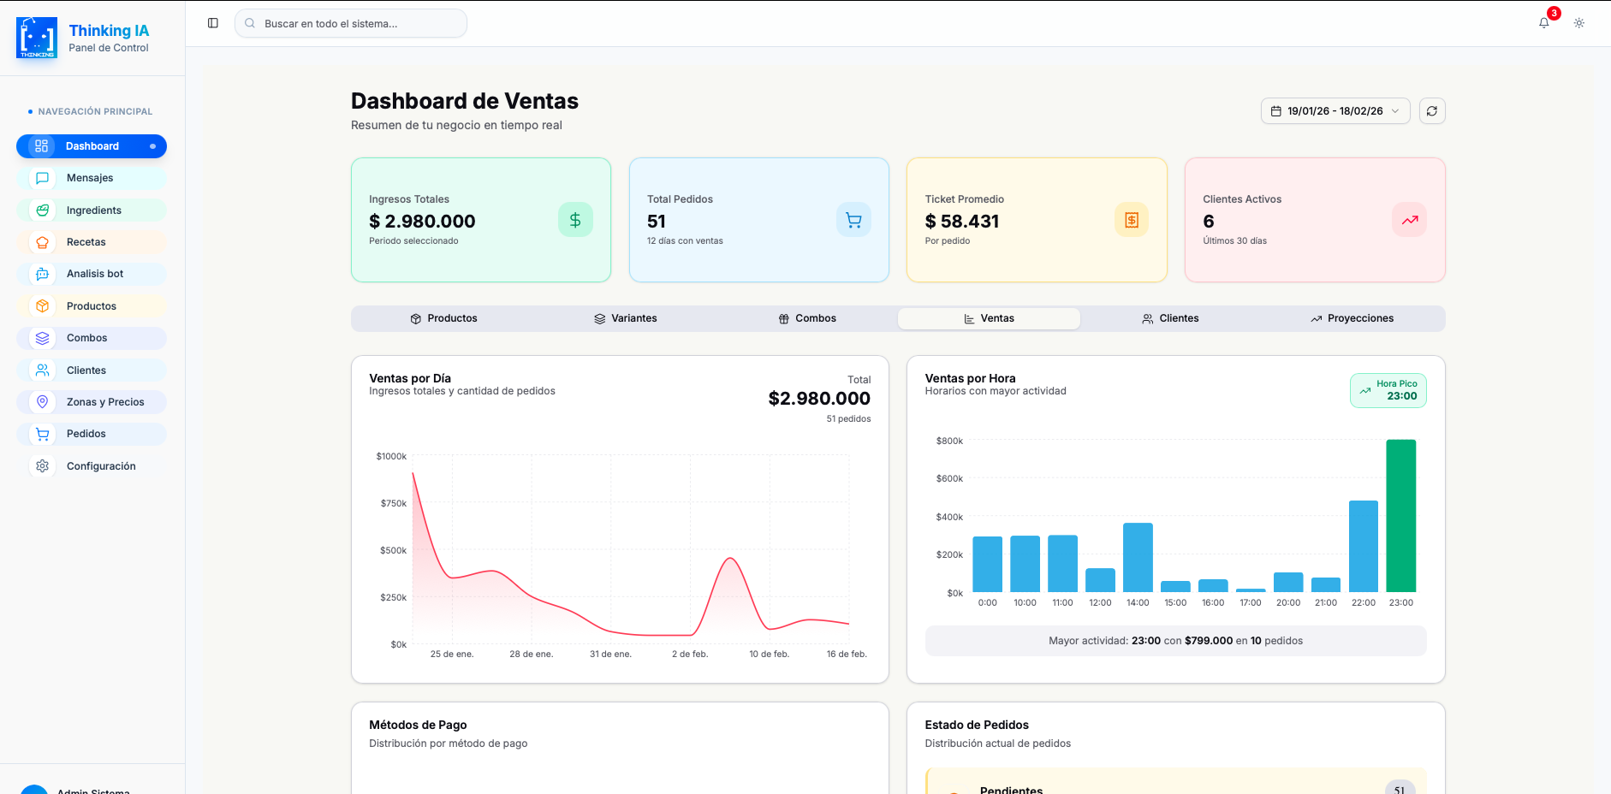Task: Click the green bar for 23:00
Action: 1400,516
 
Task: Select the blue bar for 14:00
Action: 1138,557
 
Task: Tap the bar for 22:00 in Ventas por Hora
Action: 1363,546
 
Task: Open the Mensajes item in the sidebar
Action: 90,178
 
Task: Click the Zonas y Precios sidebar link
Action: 105,402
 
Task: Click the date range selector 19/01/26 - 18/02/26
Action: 1335,111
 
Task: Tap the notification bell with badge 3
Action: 1544,23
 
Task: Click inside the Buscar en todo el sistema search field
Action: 351,24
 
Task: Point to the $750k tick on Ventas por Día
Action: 394,503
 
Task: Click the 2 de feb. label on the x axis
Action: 690,654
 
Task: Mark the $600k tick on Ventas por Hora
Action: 949,478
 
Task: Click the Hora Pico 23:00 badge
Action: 1388,390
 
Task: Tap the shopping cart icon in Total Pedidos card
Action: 853,220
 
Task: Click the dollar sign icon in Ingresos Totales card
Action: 575,220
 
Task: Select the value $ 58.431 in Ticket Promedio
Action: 962,222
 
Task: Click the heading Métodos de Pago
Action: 418,725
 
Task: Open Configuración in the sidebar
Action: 101,466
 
